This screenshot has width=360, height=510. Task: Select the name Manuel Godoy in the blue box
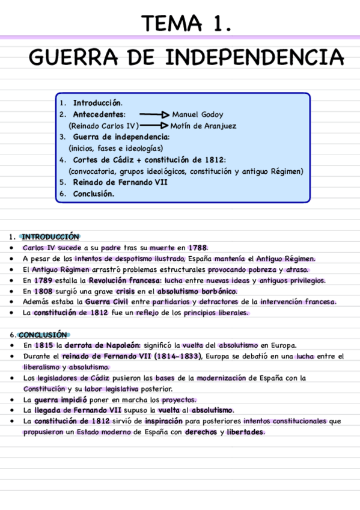click(198, 114)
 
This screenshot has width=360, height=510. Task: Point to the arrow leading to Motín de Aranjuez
click(154, 126)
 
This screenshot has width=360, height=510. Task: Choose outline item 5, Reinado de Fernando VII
click(120, 182)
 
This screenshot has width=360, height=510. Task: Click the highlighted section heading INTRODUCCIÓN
click(50, 236)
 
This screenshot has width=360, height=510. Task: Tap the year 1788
click(198, 248)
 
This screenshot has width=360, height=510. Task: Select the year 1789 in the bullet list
click(43, 280)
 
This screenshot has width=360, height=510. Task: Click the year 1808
click(43, 291)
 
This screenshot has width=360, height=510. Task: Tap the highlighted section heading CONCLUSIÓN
click(44, 334)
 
